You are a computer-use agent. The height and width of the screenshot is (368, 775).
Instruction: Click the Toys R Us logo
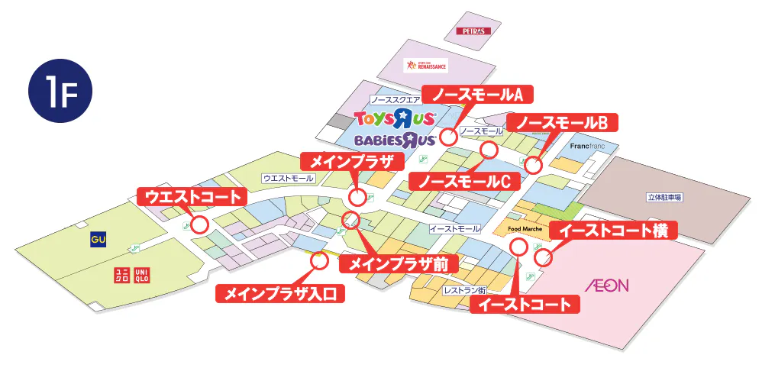pos(395,118)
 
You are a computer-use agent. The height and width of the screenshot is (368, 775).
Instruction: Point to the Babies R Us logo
pos(395,140)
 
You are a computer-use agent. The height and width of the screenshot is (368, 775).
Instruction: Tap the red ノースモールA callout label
pos(479,94)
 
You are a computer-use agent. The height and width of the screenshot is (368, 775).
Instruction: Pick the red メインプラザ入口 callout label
pos(280,292)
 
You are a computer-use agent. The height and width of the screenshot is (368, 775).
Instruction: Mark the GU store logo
pos(98,239)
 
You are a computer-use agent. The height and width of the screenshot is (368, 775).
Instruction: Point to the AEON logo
pos(606,286)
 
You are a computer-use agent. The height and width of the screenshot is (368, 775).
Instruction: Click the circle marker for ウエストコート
pos(200,224)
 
